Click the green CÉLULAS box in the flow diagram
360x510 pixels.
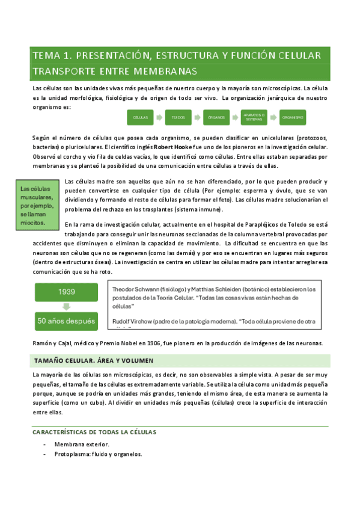[x=140, y=117]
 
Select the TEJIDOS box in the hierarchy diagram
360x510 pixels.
[x=178, y=117]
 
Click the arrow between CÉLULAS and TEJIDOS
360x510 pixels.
[x=159, y=117]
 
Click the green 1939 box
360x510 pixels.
[x=66, y=292]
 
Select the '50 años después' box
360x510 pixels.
[x=66, y=321]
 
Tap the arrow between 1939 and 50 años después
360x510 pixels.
[x=66, y=306]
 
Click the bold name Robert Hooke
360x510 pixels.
[x=172, y=147]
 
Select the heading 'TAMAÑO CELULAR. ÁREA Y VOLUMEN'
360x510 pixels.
[x=93, y=361]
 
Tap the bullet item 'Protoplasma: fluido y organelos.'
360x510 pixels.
[x=97, y=454]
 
